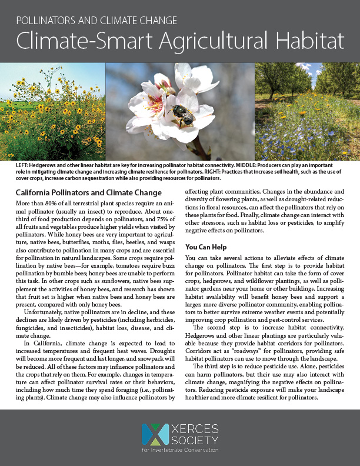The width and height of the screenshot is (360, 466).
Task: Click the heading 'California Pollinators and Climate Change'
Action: (x=88, y=193)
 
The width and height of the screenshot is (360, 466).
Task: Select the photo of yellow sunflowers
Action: (x=52, y=112)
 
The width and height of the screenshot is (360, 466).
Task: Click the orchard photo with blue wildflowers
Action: (x=307, y=112)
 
